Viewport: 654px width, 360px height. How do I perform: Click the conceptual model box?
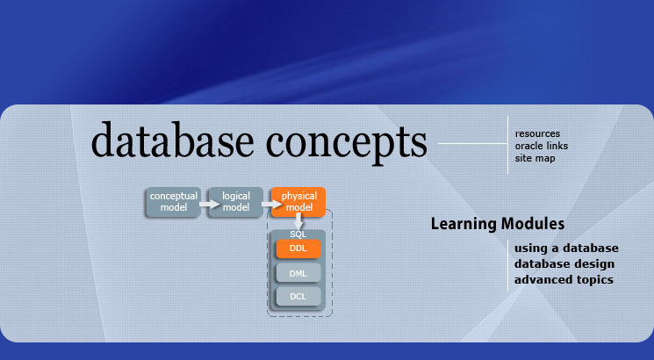[173, 202]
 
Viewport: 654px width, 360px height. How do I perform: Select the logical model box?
[235, 202]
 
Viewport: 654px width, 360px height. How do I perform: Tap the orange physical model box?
[298, 202]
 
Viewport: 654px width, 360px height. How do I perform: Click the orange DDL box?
[298, 248]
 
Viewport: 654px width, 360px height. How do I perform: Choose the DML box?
[298, 273]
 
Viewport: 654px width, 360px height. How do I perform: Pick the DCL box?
[298, 296]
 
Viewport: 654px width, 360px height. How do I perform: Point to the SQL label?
[298, 234]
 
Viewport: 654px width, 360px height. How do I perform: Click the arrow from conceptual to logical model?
[210, 204]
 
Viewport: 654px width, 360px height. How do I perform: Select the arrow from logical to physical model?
[272, 204]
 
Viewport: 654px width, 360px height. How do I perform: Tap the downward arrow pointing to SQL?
[298, 220]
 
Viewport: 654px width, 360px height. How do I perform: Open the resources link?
[537, 134]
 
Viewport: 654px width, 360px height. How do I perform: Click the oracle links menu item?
[542, 146]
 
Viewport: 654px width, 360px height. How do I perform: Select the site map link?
[535, 159]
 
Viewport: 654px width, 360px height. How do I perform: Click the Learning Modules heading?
[498, 224]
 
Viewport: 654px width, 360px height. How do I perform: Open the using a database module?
[566, 248]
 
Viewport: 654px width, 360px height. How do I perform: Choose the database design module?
[564, 264]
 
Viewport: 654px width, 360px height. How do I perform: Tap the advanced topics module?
[564, 279]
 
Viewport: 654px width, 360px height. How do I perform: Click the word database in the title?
[172, 140]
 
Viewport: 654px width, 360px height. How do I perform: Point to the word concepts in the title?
[346, 143]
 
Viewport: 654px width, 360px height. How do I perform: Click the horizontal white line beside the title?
[473, 143]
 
